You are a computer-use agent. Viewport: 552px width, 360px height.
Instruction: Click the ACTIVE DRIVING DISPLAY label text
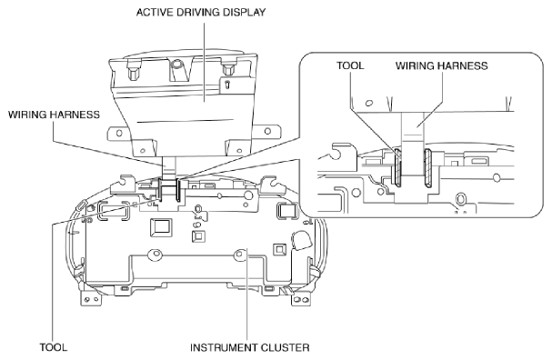pyautogui.click(x=201, y=13)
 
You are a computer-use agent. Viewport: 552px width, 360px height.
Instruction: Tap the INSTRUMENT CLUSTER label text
pyautogui.click(x=250, y=347)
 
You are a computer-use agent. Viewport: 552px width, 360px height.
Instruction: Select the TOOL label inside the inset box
pyautogui.click(x=350, y=65)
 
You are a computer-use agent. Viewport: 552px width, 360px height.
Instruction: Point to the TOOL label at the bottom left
pyautogui.click(x=53, y=347)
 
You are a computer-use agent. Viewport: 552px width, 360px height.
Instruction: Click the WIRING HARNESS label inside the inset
pyautogui.click(x=441, y=65)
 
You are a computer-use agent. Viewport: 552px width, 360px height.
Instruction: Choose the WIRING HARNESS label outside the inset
pyautogui.click(x=54, y=115)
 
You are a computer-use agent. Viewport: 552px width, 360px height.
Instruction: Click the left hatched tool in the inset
pyautogui.click(x=397, y=167)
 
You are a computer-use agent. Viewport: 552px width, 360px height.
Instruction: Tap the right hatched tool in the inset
pyautogui.click(x=428, y=167)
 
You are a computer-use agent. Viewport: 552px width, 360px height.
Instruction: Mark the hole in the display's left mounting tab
pyautogui.click(x=119, y=133)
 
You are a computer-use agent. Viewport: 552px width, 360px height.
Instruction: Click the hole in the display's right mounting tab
pyautogui.click(x=267, y=131)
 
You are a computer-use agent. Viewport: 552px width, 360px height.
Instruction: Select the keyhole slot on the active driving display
pyautogui.click(x=228, y=85)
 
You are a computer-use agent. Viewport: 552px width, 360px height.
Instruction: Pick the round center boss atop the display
pyautogui.click(x=176, y=64)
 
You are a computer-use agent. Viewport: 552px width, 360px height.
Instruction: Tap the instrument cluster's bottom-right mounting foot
pyautogui.click(x=301, y=299)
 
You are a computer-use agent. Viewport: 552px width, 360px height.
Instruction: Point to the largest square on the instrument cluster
pyautogui.click(x=161, y=227)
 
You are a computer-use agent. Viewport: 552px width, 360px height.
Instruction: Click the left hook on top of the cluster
pyautogui.click(x=123, y=184)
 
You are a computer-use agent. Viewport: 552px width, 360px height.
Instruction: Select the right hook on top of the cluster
pyautogui.click(x=272, y=184)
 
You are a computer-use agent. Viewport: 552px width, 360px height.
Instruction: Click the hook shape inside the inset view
pyautogui.click(x=337, y=151)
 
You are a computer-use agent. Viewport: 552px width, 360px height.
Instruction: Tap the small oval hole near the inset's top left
pyautogui.click(x=369, y=103)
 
